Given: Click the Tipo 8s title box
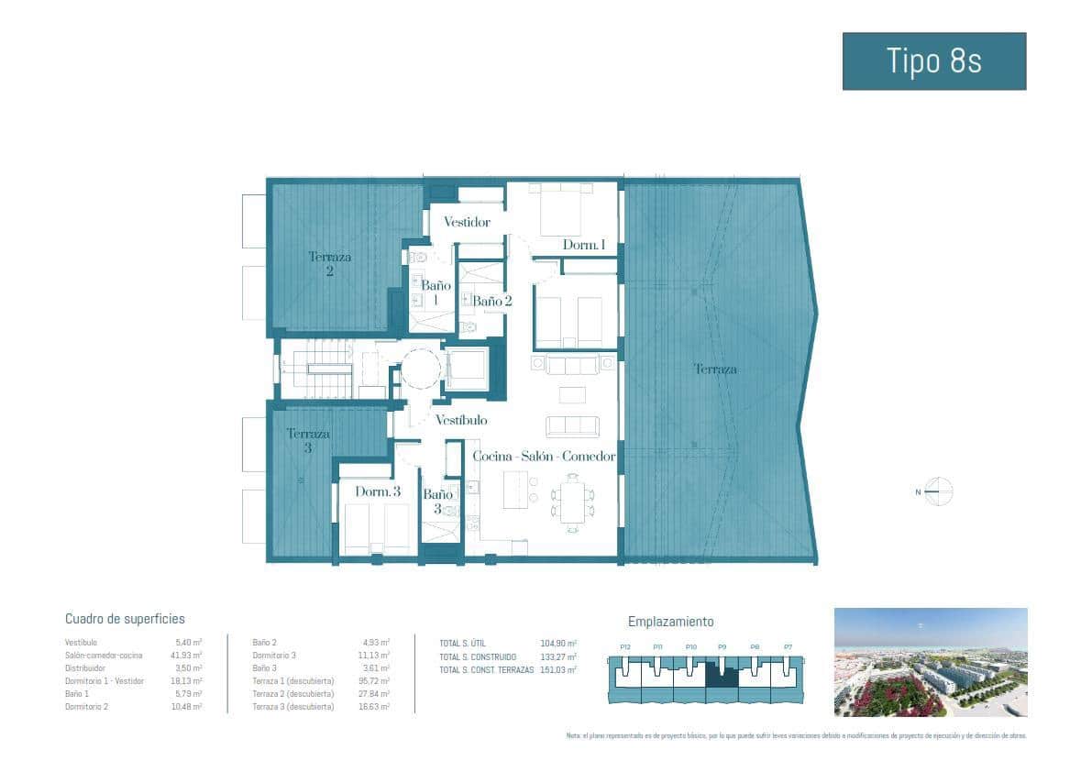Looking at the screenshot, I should [x=933, y=61].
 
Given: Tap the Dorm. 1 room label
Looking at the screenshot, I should [x=584, y=245].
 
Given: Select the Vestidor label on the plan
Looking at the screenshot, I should [x=467, y=222].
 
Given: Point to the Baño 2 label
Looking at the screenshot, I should [x=491, y=301].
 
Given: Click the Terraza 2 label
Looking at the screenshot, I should [x=329, y=264].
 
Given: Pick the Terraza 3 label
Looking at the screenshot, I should [x=307, y=441].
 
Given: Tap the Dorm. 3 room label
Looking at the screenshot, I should [x=378, y=491].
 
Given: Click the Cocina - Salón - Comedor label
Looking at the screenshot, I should [x=544, y=456].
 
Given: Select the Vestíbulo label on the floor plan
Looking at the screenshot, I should [x=461, y=420].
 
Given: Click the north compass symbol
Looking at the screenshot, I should [x=939, y=492].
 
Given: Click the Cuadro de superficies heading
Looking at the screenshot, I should [x=125, y=620].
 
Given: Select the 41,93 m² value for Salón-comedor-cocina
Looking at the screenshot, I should [x=188, y=656].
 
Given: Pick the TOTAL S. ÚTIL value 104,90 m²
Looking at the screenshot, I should [x=558, y=644].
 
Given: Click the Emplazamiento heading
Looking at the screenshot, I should [x=670, y=622].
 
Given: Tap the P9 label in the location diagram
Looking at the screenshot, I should [x=722, y=647].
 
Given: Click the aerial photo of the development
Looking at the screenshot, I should [x=930, y=662].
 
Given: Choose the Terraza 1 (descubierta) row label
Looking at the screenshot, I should [x=293, y=681].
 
